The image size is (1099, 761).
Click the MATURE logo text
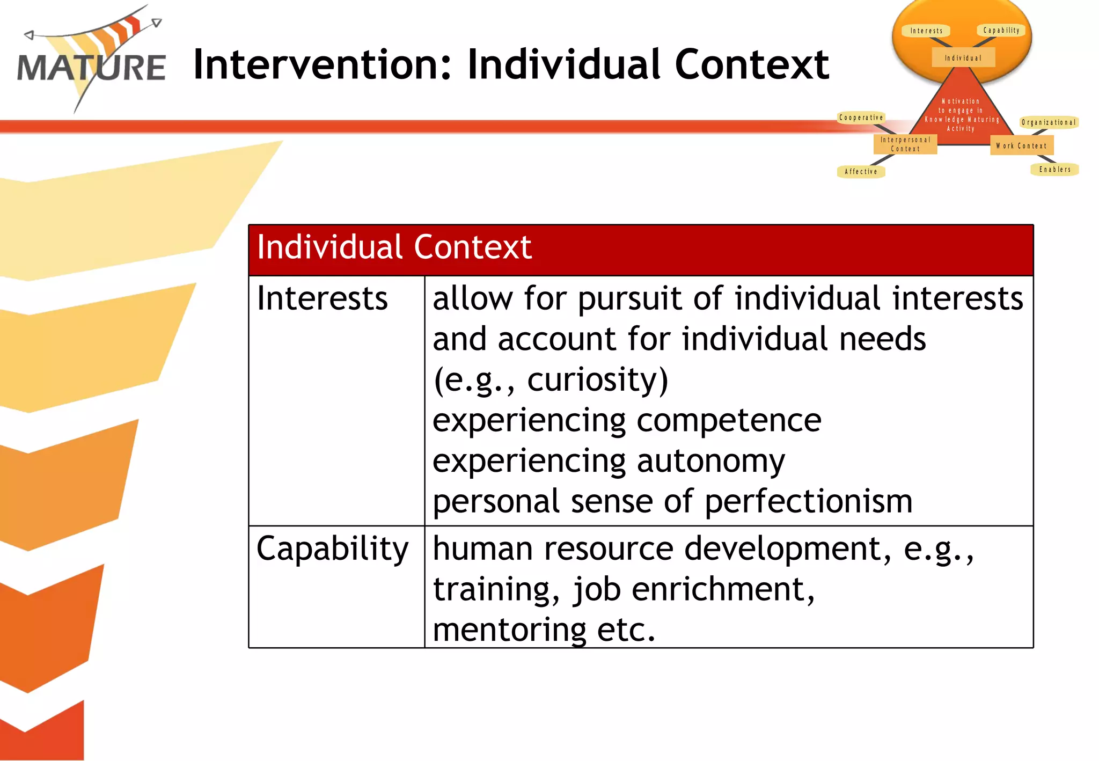pyautogui.click(x=91, y=68)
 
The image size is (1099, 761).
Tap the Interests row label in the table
pyautogui.click(x=322, y=298)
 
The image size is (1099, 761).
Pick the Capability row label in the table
pyautogui.click(x=332, y=549)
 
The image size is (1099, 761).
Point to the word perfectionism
pyautogui.click(x=808, y=502)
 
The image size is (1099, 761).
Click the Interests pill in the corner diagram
pyautogui.click(x=926, y=31)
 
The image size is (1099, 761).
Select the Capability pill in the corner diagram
pyautogui.click(x=1001, y=31)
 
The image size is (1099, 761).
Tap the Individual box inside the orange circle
pyautogui.click(x=963, y=58)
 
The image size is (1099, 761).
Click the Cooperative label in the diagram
pyautogui.click(x=861, y=118)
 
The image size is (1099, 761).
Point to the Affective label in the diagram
pyautogui.click(x=861, y=172)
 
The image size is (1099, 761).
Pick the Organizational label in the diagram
pyautogui.click(x=1049, y=123)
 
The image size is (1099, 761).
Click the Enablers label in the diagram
pyautogui.click(x=1054, y=170)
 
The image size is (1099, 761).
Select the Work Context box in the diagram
pyautogui.click(x=1021, y=146)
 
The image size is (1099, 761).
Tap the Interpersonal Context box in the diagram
pyautogui.click(x=905, y=144)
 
